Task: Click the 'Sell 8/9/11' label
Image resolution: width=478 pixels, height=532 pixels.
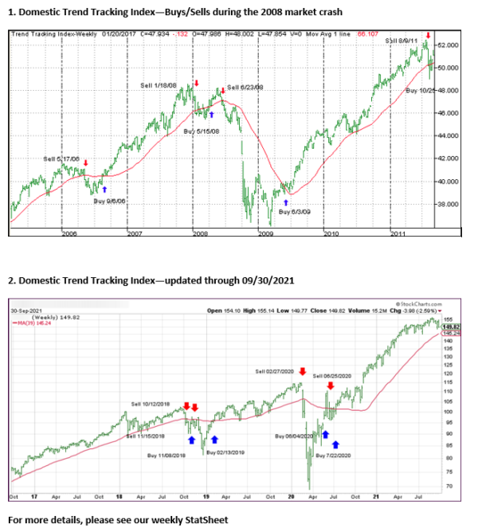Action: pyautogui.click(x=401, y=40)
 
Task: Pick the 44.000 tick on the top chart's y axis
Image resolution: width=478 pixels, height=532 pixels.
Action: pyautogui.click(x=447, y=135)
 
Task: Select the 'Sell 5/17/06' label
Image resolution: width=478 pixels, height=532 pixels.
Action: pyautogui.click(x=62, y=159)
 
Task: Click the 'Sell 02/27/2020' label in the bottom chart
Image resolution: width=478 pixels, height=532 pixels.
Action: pyautogui.click(x=275, y=372)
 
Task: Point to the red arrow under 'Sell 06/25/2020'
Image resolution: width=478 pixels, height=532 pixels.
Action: pyautogui.click(x=331, y=385)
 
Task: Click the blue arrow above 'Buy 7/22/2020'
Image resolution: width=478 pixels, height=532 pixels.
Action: pyautogui.click(x=335, y=444)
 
